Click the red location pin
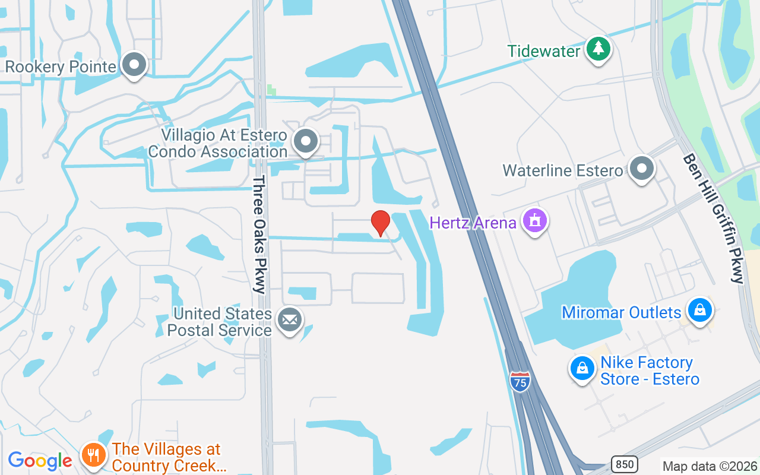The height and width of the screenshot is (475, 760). (380, 223)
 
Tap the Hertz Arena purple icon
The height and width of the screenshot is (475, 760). (535, 221)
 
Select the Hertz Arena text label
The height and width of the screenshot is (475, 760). (473, 223)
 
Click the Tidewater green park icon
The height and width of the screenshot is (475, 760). (598, 49)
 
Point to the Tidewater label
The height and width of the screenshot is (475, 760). (543, 51)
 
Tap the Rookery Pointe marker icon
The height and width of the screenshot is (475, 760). (134, 65)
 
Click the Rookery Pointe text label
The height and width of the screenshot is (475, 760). (61, 66)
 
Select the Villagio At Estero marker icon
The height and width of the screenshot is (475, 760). (306, 141)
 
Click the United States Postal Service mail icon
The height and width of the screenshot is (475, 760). (290, 320)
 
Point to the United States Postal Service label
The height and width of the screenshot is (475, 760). (220, 322)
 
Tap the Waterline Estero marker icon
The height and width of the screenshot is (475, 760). (641, 169)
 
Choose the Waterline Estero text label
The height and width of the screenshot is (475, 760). (563, 171)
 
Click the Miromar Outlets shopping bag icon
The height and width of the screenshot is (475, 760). (700, 310)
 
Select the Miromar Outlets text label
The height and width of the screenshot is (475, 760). (621, 312)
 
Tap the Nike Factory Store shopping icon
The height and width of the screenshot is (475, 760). (582, 369)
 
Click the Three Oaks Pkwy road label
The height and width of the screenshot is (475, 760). (259, 235)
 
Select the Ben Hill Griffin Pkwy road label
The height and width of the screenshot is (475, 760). (712, 218)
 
